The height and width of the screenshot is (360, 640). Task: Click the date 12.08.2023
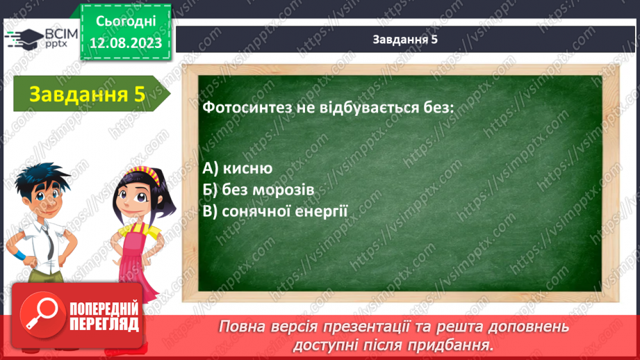(126, 42)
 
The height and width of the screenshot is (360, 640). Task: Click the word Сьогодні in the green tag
(126, 21)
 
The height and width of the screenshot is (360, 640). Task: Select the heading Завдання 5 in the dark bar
(405, 39)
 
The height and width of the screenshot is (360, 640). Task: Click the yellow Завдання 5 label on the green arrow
(87, 94)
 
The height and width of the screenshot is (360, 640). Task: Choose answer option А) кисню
(238, 167)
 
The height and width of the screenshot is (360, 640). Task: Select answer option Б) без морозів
(259, 190)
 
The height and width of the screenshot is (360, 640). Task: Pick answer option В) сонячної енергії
(275, 211)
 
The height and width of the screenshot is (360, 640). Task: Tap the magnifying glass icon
(42, 314)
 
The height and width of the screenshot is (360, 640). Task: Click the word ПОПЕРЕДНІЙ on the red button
(104, 309)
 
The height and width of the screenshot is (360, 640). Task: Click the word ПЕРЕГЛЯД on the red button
(104, 325)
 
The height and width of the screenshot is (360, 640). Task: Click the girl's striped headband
(142, 173)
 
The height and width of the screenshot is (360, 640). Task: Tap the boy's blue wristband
(19, 256)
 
